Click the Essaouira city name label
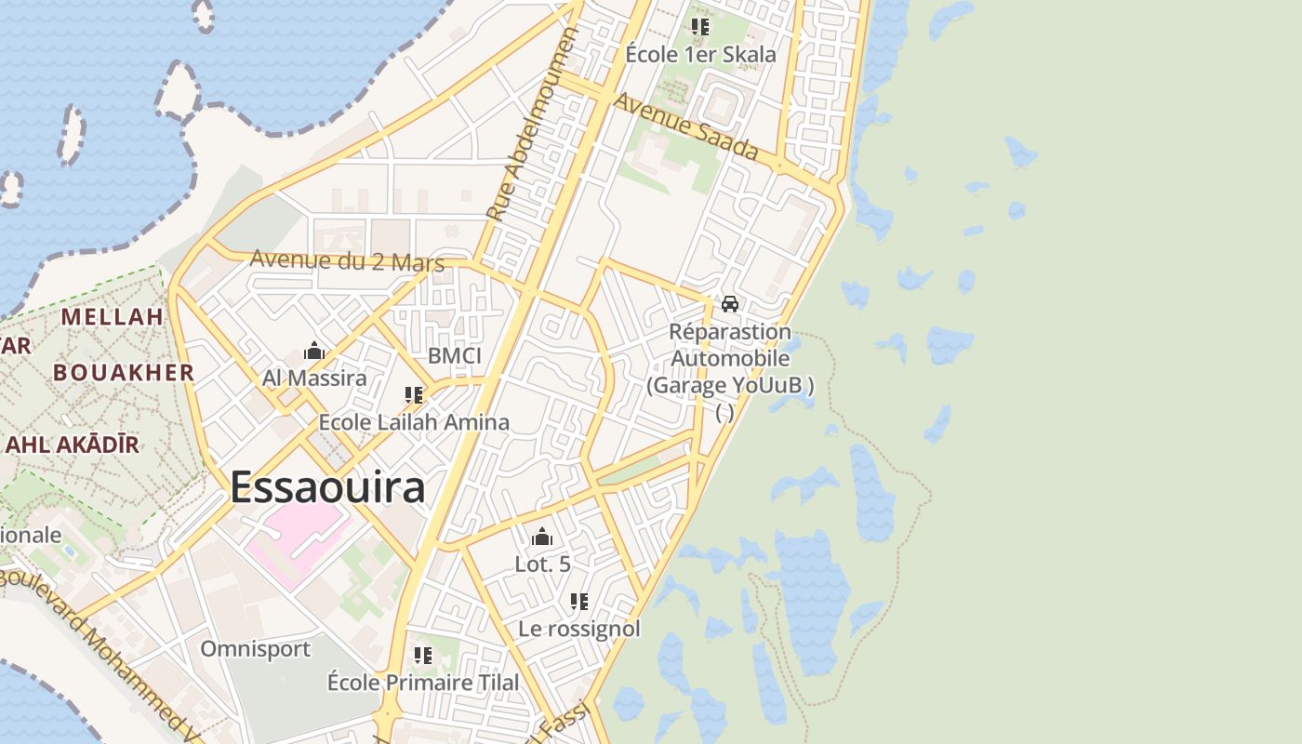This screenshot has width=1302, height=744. click(327, 487)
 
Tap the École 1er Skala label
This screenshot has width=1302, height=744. click(700, 55)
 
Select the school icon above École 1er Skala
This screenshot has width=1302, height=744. click(700, 27)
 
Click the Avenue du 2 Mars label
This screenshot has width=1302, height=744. click(347, 260)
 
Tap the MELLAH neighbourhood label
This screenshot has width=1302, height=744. click(113, 316)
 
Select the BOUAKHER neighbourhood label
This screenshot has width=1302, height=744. click(124, 373)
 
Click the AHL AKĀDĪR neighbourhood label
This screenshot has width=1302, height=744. click(73, 445)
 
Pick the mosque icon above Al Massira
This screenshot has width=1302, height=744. click(314, 352)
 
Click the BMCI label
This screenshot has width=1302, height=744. click(455, 356)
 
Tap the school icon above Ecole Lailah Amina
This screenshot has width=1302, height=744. click(414, 395)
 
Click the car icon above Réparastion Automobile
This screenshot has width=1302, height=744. click(730, 304)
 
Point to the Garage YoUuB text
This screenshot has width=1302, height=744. click(730, 385)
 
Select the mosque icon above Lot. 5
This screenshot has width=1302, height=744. click(542, 537)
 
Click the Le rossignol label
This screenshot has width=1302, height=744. click(579, 629)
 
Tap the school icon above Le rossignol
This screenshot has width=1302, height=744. click(579, 602)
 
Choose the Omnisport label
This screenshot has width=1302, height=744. click(256, 648)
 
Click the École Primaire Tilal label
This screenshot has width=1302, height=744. click(423, 683)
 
